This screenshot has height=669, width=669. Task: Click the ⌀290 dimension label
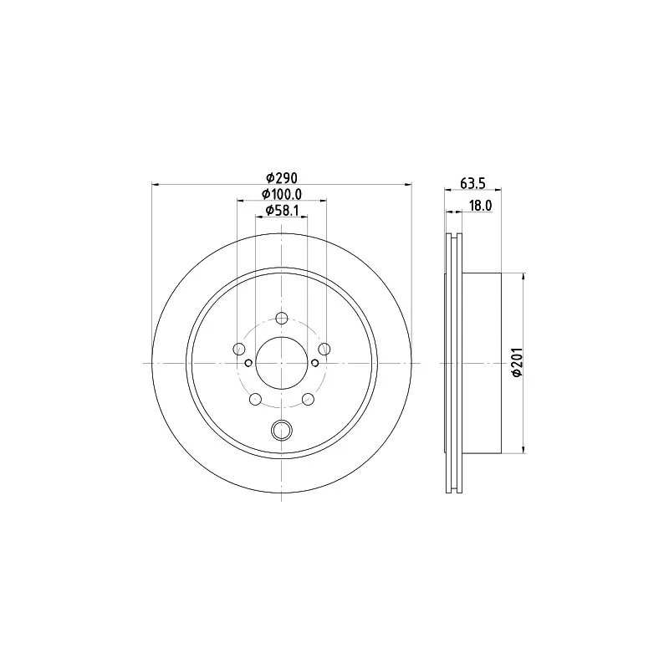click(282, 178)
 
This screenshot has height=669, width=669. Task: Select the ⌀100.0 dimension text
click(282, 195)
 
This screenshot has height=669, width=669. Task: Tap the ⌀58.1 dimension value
click(282, 212)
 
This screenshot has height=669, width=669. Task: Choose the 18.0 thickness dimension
click(479, 206)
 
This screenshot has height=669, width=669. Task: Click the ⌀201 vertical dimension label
click(518, 363)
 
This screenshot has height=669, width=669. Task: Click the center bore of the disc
click(281, 363)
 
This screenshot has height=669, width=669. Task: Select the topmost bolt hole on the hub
click(281, 318)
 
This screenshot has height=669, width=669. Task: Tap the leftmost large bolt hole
click(239, 349)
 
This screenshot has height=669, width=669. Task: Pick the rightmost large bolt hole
click(324, 349)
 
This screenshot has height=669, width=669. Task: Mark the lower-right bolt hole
click(308, 399)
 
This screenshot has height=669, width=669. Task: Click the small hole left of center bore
click(249, 363)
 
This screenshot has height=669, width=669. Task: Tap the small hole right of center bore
click(314, 363)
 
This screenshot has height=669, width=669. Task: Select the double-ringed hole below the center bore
click(281, 431)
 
